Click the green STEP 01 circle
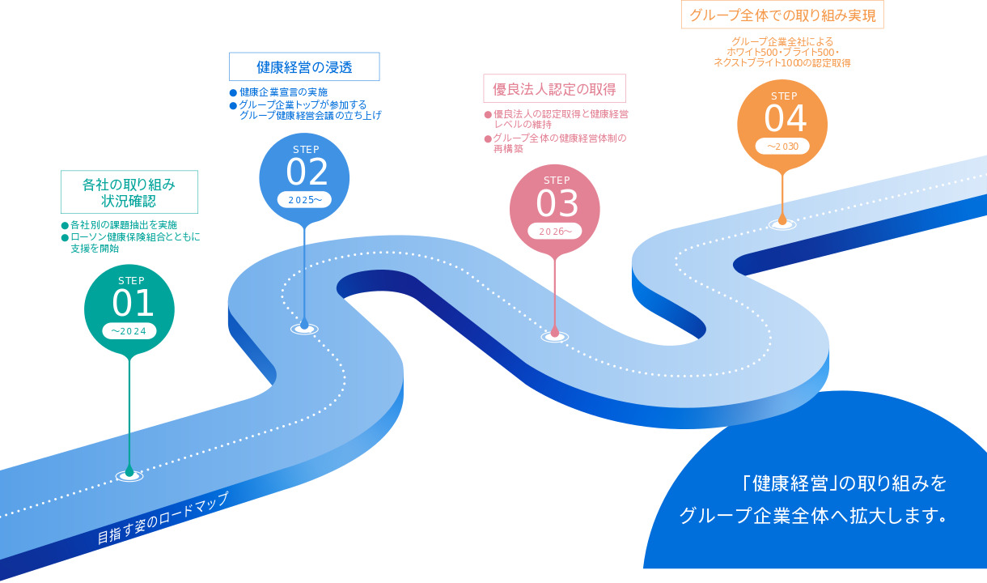pyautogui.click(x=129, y=309)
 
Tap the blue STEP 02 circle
pyautogui.click(x=304, y=178)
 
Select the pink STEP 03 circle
pyautogui.click(x=555, y=210)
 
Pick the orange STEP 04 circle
pyautogui.click(x=782, y=125)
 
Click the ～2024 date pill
pyautogui.click(x=129, y=331)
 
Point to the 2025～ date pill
pyautogui.click(x=304, y=200)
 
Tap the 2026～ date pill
pyautogui.click(x=555, y=231)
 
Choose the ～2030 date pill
pyautogui.click(x=782, y=147)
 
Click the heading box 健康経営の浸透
pyautogui.click(x=304, y=66)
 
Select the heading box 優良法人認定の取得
pyautogui.click(x=554, y=88)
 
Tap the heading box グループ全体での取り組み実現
pyautogui.click(x=782, y=15)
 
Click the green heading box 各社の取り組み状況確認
pyautogui.click(x=129, y=192)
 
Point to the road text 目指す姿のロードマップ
pyautogui.click(x=163, y=518)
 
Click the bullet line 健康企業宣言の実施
pyautogui.click(x=283, y=92)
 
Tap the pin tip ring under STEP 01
pyautogui.click(x=129, y=476)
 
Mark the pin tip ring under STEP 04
pyautogui.click(x=782, y=225)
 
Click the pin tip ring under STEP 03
pyautogui.click(x=555, y=338)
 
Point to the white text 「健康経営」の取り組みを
pyautogui.click(x=845, y=483)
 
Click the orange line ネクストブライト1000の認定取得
pyautogui.click(x=782, y=63)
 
